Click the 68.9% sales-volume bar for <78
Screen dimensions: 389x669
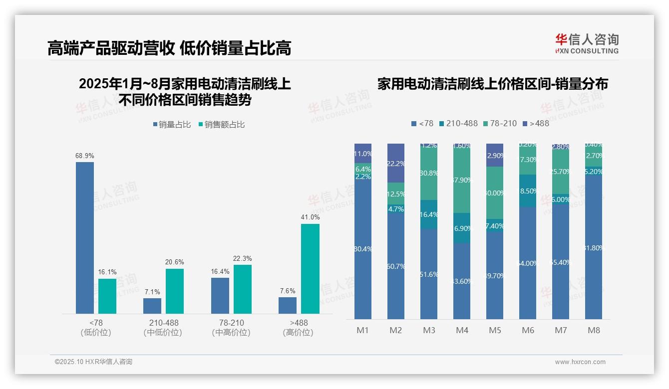(85, 237)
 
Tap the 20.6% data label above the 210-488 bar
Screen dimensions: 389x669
(175, 262)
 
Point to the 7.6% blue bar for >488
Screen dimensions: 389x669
(288, 305)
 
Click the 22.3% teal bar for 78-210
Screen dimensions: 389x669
(243, 289)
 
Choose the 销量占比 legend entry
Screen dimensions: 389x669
(172, 125)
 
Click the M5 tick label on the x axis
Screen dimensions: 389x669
(495, 330)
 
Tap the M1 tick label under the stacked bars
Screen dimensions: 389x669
(363, 330)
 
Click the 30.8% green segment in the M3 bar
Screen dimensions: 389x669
(429, 173)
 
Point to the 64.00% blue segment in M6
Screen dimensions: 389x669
(528, 263)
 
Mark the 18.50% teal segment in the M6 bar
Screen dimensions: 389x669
(528, 191)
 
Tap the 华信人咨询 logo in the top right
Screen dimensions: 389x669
(587, 43)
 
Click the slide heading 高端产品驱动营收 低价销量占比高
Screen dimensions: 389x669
(169, 48)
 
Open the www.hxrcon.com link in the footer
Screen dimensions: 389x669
(580, 362)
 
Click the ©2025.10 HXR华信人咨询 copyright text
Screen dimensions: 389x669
(93, 362)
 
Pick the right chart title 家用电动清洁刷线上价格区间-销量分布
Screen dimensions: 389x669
(492, 84)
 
